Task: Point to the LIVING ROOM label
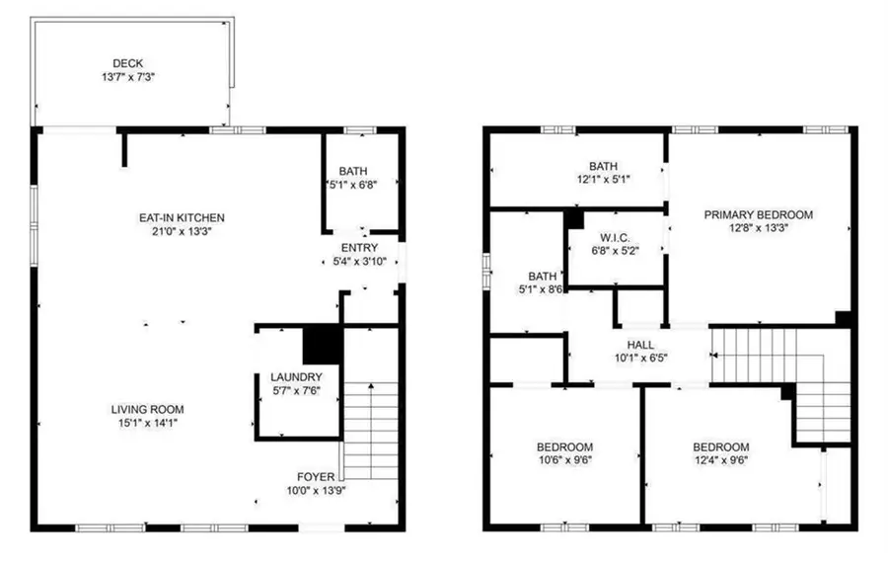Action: click(146, 409)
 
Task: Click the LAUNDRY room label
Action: click(296, 377)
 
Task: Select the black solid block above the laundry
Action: click(321, 344)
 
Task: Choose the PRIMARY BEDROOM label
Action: click(758, 214)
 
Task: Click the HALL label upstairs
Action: click(640, 345)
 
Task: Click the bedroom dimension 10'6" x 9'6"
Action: click(564, 459)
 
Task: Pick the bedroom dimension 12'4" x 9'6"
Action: click(720, 459)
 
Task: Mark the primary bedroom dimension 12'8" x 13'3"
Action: click(758, 228)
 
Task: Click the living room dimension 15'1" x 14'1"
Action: click(146, 423)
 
